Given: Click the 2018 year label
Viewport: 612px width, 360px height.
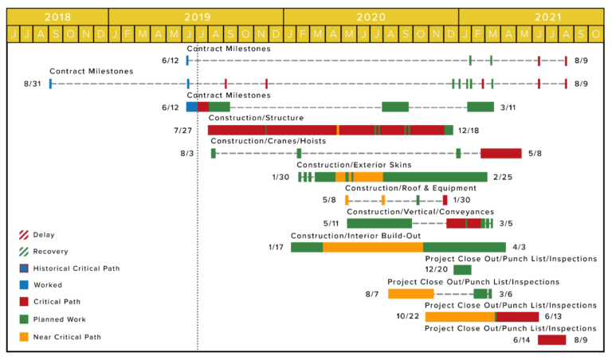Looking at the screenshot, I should tap(57, 17).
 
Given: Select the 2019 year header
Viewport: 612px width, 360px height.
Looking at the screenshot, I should tap(197, 17).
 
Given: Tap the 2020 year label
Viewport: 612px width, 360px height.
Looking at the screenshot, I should tap(371, 17).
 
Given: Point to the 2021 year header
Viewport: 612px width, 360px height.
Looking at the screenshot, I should tap(548, 17).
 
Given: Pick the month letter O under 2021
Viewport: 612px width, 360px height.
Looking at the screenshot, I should tap(596, 34).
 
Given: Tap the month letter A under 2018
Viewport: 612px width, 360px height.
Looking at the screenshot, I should tap(41, 34).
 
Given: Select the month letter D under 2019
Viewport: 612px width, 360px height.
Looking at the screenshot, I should tap(276, 34).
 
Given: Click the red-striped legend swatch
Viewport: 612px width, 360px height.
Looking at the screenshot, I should tap(24, 235).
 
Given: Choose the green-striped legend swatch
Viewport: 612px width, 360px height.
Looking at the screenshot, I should tap(24, 252).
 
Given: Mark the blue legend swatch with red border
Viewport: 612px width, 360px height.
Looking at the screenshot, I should tap(24, 268).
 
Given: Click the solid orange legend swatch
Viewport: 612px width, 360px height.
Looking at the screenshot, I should tap(24, 337).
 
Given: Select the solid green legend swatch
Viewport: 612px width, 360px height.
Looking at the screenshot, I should tap(24, 319).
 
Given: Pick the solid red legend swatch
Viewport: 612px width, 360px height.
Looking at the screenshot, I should tap(24, 302).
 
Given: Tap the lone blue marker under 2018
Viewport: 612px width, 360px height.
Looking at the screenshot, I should tap(50, 84).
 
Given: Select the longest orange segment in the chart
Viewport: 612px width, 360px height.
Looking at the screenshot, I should tap(372, 247).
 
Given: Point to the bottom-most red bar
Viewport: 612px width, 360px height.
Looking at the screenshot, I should tap(551, 340).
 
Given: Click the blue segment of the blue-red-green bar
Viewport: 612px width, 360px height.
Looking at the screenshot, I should tap(191, 107).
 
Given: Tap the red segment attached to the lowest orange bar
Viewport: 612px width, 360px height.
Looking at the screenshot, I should tap(518, 317).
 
